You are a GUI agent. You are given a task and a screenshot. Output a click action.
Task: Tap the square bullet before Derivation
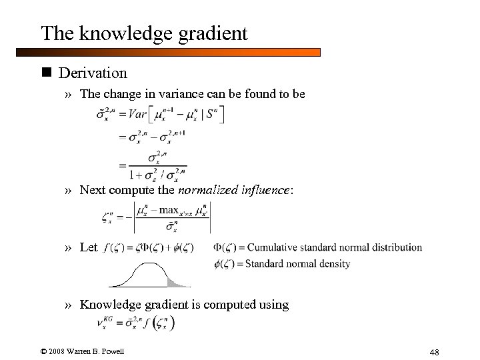pos(47,71)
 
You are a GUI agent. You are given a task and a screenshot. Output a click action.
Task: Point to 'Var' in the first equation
pos(143,115)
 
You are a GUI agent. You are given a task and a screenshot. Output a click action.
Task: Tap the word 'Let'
pos(88,247)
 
